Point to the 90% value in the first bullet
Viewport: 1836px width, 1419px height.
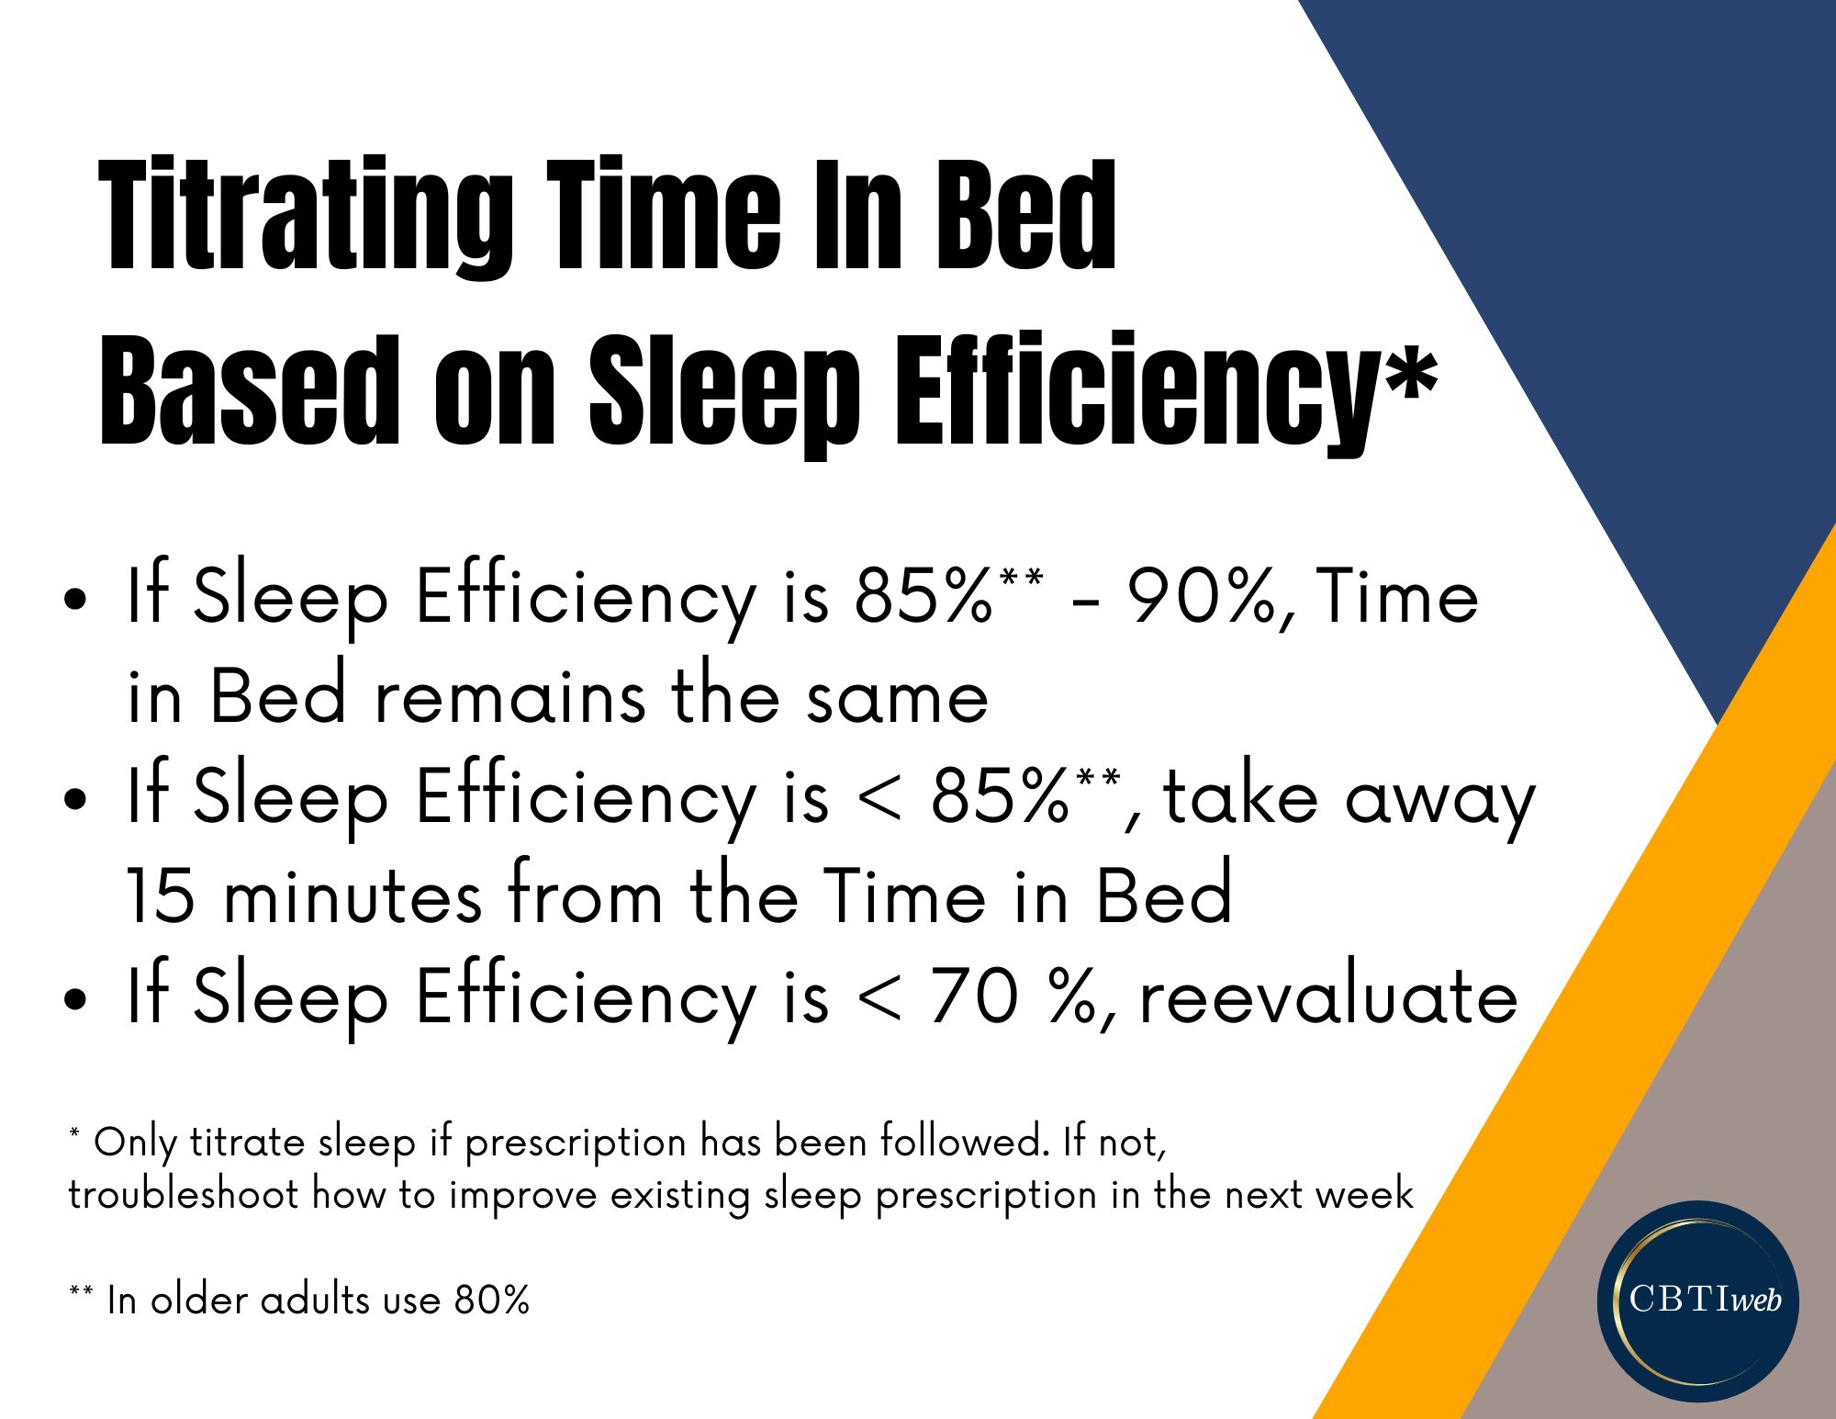pyautogui.click(x=1203, y=597)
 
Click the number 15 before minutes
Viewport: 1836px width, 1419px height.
pyautogui.click(x=161, y=896)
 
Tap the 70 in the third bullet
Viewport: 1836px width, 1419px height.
pyautogui.click(x=974, y=996)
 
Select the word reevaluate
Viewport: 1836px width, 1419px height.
pyautogui.click(x=1328, y=997)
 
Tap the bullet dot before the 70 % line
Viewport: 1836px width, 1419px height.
pyautogui.click(x=75, y=1000)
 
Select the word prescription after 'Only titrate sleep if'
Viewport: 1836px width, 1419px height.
pyautogui.click(x=576, y=1144)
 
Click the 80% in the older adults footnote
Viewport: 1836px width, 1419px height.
pyautogui.click(x=492, y=1300)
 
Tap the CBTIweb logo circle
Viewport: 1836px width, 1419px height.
pyautogui.click(x=1698, y=1301)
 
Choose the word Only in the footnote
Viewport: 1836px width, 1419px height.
pyautogui.click(x=136, y=1143)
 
